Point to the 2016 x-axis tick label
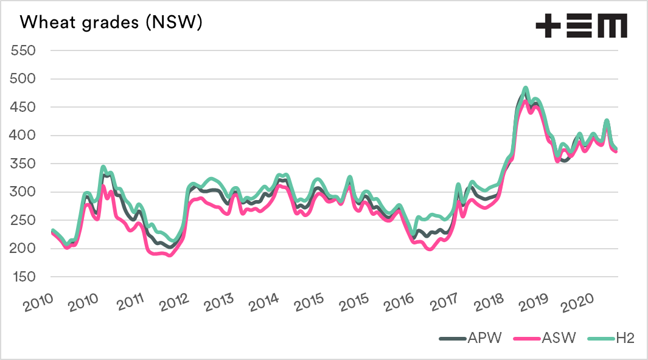click(x=399, y=302)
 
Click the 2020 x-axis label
click(x=579, y=302)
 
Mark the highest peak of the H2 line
click(x=525, y=88)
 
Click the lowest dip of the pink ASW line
click(x=169, y=255)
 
